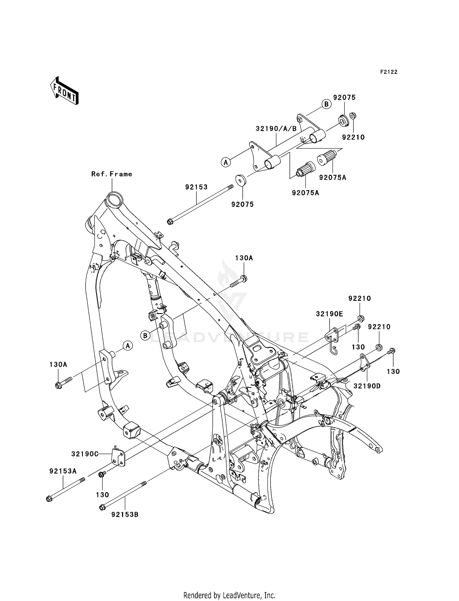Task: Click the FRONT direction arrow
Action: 64,91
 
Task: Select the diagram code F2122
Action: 389,72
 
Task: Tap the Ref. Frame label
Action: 112,174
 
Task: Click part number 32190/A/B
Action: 276,129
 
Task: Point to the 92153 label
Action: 196,187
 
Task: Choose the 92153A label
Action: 63,471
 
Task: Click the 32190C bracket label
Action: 85,454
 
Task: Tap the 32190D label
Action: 367,386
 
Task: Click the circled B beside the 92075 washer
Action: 327,104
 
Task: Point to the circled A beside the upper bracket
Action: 226,162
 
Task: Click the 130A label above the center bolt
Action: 244,258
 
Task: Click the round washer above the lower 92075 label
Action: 241,180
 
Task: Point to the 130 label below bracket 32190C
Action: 102,494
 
